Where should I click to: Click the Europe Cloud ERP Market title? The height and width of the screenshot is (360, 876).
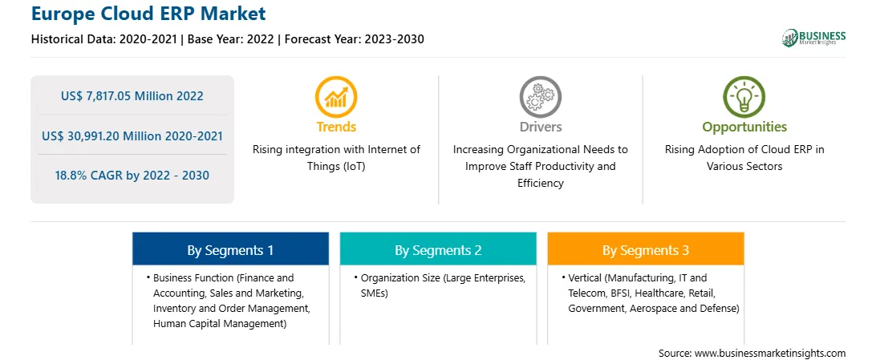[x=148, y=13]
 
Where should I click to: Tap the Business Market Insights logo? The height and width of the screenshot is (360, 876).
[x=813, y=38]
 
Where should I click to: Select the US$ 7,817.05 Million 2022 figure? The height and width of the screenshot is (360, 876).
[x=132, y=96]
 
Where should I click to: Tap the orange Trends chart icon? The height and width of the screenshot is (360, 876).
[x=336, y=97]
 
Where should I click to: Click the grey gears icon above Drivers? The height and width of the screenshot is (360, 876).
[x=540, y=97]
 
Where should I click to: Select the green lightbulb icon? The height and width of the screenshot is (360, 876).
[x=744, y=97]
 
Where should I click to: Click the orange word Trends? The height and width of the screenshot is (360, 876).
[x=336, y=127]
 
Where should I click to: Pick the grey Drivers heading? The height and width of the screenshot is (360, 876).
[x=540, y=127]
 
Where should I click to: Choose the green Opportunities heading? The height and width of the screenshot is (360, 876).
[x=744, y=127]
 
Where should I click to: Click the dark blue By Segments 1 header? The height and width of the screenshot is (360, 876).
[x=230, y=250]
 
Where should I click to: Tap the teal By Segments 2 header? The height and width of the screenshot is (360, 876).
[x=438, y=250]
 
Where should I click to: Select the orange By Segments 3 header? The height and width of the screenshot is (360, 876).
[x=646, y=250]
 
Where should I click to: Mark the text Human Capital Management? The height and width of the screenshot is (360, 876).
[x=220, y=324]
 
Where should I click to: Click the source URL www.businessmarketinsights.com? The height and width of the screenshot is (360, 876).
[x=769, y=353]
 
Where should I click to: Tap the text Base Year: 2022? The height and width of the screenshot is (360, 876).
[x=231, y=39]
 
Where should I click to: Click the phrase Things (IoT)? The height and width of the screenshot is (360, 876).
[x=336, y=166]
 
